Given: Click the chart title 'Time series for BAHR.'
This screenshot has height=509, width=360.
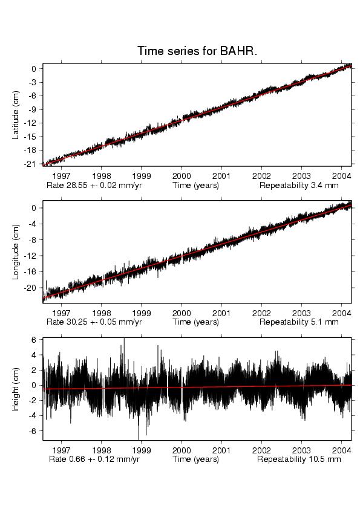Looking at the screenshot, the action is (197, 51).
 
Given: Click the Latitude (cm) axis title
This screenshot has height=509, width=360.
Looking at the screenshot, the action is (16, 115).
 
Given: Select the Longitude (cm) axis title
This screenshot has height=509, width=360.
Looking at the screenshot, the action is (16, 252).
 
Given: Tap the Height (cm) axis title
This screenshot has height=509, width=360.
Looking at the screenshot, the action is (16, 389).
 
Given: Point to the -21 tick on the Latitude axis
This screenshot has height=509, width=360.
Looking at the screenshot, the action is (29, 164).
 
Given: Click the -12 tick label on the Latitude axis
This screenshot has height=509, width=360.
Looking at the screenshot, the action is (29, 123).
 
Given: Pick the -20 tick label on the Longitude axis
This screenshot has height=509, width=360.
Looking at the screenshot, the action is (30, 288).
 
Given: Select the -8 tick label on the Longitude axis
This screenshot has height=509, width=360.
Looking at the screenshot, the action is (32, 240).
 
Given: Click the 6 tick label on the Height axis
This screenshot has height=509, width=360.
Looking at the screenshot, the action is (33, 340).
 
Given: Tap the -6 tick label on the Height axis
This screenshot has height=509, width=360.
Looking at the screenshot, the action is (32, 431).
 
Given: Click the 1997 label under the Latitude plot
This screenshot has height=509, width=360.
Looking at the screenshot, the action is (61, 176).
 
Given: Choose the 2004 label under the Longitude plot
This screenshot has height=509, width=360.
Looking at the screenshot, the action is (341, 313).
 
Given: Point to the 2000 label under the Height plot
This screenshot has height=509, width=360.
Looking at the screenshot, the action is (182, 450).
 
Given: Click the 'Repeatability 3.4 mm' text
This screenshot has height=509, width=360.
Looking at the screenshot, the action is (299, 186).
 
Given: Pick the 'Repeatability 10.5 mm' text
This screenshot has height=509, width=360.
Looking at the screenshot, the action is (299, 459).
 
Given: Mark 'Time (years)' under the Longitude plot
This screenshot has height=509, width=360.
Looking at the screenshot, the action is (195, 322).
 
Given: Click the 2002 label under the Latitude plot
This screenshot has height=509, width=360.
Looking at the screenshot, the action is (261, 176).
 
